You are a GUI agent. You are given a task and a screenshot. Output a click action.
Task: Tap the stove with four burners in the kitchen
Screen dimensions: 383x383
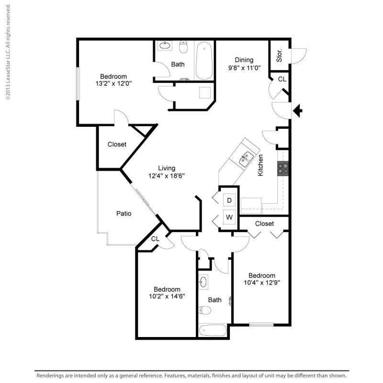click(x=283, y=168)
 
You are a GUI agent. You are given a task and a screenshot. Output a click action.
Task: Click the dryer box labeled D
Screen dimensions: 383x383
click(x=229, y=200)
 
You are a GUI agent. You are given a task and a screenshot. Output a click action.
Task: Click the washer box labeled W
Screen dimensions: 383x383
click(x=229, y=217)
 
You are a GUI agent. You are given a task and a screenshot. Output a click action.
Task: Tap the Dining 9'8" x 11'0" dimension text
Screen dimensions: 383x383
click(x=244, y=68)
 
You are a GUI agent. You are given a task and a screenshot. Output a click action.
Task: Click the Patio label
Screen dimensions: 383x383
click(x=124, y=214)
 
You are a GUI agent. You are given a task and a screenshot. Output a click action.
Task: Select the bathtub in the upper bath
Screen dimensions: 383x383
click(x=204, y=61)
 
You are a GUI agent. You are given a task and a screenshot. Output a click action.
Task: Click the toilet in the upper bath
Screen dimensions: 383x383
click(x=183, y=48)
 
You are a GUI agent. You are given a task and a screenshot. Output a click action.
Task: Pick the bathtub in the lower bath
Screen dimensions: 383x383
click(x=213, y=330)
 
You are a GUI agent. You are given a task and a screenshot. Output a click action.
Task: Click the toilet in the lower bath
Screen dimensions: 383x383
click(x=204, y=310)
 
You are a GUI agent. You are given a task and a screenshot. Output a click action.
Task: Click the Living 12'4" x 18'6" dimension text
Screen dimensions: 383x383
click(x=167, y=175)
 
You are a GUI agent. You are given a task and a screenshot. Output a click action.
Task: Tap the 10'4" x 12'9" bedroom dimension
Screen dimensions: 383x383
click(x=262, y=282)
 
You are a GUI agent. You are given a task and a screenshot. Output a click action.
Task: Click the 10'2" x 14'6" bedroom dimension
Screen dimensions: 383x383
click(x=167, y=296)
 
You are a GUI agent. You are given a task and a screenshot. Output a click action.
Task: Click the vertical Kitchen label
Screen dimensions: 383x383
click(x=261, y=165)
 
